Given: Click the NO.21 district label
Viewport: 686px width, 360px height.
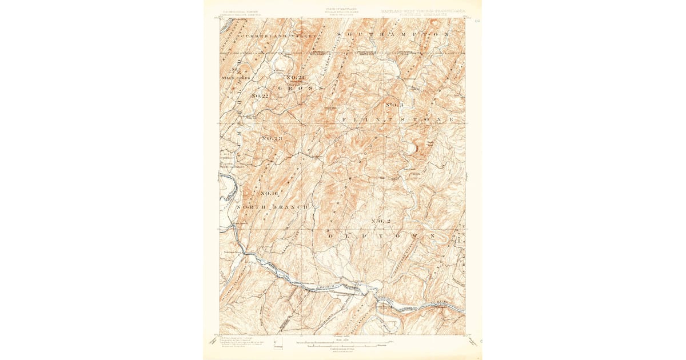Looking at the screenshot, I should [297, 77].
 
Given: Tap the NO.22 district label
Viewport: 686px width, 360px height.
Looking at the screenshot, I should [260, 95].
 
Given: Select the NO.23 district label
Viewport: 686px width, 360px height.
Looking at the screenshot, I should [273, 138].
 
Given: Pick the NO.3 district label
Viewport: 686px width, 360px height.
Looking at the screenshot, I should [394, 105].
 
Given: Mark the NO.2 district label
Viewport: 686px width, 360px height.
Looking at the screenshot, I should [381, 221].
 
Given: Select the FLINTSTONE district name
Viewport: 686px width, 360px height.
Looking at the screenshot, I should [397, 119].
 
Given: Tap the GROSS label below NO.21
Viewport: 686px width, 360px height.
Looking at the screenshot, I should [301, 88].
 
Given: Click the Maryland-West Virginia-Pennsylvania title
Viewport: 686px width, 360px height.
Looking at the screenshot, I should [422, 10].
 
